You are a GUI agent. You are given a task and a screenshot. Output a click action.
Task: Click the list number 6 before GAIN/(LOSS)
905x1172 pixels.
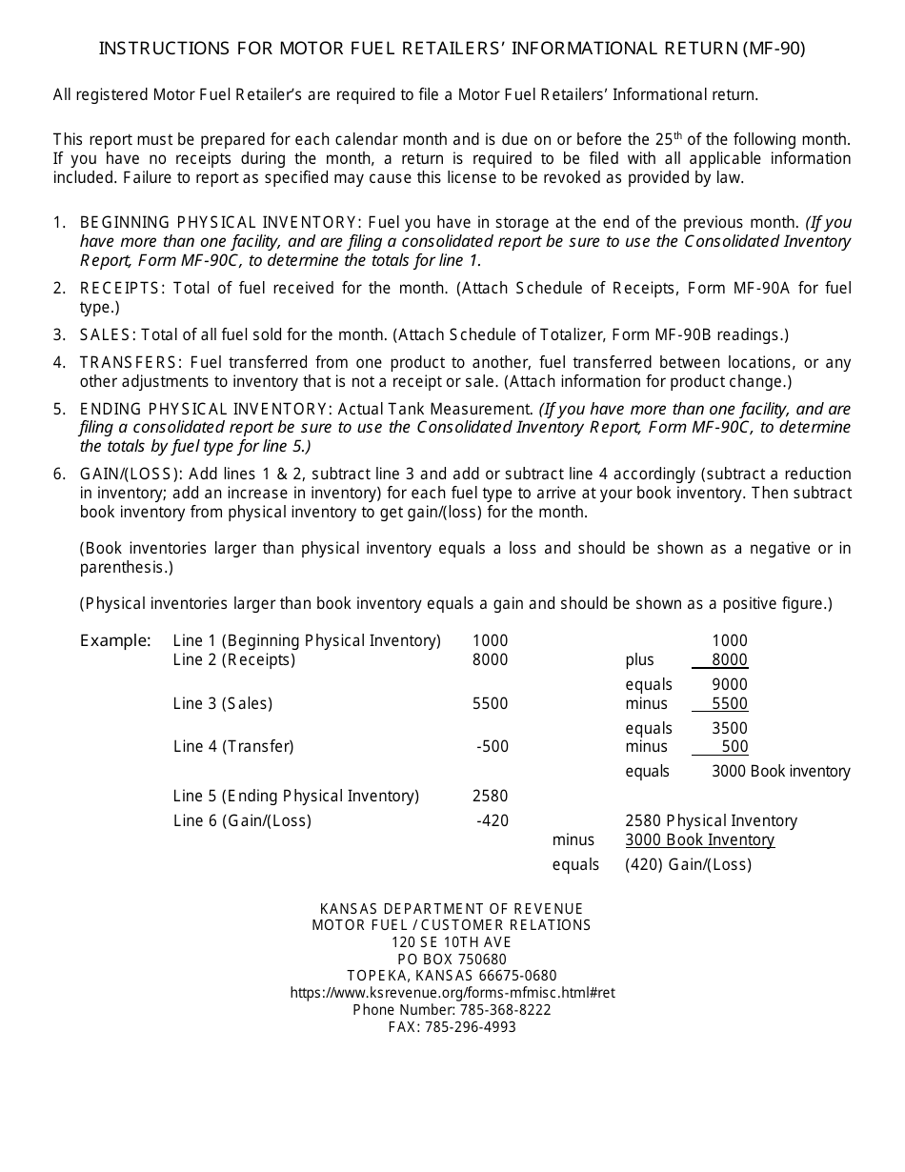pyautogui.click(x=58, y=475)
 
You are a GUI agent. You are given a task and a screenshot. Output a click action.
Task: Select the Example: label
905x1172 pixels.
pyautogui.click(x=115, y=640)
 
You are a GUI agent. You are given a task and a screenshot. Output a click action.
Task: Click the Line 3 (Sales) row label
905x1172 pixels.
pyautogui.click(x=223, y=704)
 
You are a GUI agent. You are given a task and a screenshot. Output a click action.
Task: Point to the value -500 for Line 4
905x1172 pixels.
pyautogui.click(x=493, y=747)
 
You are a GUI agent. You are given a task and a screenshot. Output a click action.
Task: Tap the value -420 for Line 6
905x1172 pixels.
pyautogui.click(x=493, y=821)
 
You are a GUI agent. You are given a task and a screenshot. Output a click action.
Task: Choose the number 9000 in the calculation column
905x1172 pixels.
pyautogui.click(x=730, y=685)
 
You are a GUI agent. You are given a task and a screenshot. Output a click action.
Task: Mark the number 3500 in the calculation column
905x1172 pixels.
pyautogui.click(x=730, y=729)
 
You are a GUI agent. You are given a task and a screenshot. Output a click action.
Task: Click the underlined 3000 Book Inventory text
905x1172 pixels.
pyautogui.click(x=699, y=840)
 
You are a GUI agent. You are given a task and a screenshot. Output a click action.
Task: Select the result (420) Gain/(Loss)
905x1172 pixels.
pyautogui.click(x=688, y=865)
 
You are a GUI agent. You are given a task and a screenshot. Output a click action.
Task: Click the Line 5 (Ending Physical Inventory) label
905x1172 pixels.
pyautogui.click(x=296, y=797)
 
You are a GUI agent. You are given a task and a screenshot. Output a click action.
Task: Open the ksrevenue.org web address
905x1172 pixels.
pyautogui.click(x=452, y=993)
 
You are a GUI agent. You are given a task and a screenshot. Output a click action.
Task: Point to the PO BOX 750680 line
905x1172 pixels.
pyautogui.click(x=452, y=960)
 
